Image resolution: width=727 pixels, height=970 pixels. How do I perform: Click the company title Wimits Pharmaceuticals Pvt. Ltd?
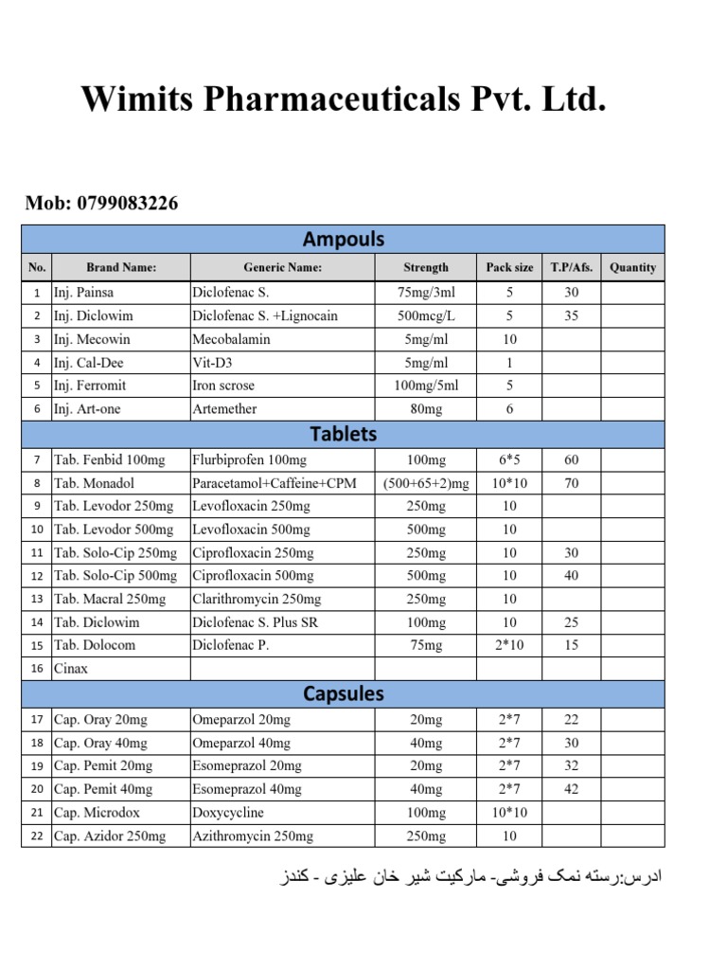pyautogui.click(x=343, y=99)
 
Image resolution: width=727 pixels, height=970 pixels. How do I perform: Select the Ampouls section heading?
pyautogui.click(x=343, y=239)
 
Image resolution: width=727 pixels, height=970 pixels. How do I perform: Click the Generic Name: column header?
pyautogui.click(x=282, y=268)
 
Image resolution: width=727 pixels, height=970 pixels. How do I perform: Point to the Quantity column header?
pyautogui.click(x=632, y=268)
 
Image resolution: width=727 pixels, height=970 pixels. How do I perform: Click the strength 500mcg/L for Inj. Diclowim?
pyautogui.click(x=425, y=315)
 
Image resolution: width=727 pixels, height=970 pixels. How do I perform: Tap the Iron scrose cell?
pyautogui.click(x=223, y=386)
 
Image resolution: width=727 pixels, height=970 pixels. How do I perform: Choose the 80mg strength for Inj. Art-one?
pyautogui.click(x=425, y=409)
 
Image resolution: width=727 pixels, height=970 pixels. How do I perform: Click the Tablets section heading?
pyautogui.click(x=343, y=434)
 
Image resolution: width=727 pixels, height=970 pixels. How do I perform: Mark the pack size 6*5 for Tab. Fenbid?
pyautogui.click(x=509, y=460)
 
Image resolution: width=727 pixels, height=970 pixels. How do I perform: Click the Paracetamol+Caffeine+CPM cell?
pyautogui.click(x=275, y=483)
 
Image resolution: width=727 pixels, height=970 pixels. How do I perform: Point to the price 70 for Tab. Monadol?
pyautogui.click(x=571, y=483)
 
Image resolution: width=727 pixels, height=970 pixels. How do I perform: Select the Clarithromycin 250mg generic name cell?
pyautogui.click(x=257, y=599)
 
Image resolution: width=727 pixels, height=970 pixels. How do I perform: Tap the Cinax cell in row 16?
pyautogui.click(x=72, y=669)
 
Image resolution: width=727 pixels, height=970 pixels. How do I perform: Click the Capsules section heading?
pyautogui.click(x=343, y=693)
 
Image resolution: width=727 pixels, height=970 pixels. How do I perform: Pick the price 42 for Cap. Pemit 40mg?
pyautogui.click(x=571, y=789)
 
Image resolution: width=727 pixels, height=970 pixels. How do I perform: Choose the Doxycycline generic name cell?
pyautogui.click(x=228, y=813)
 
